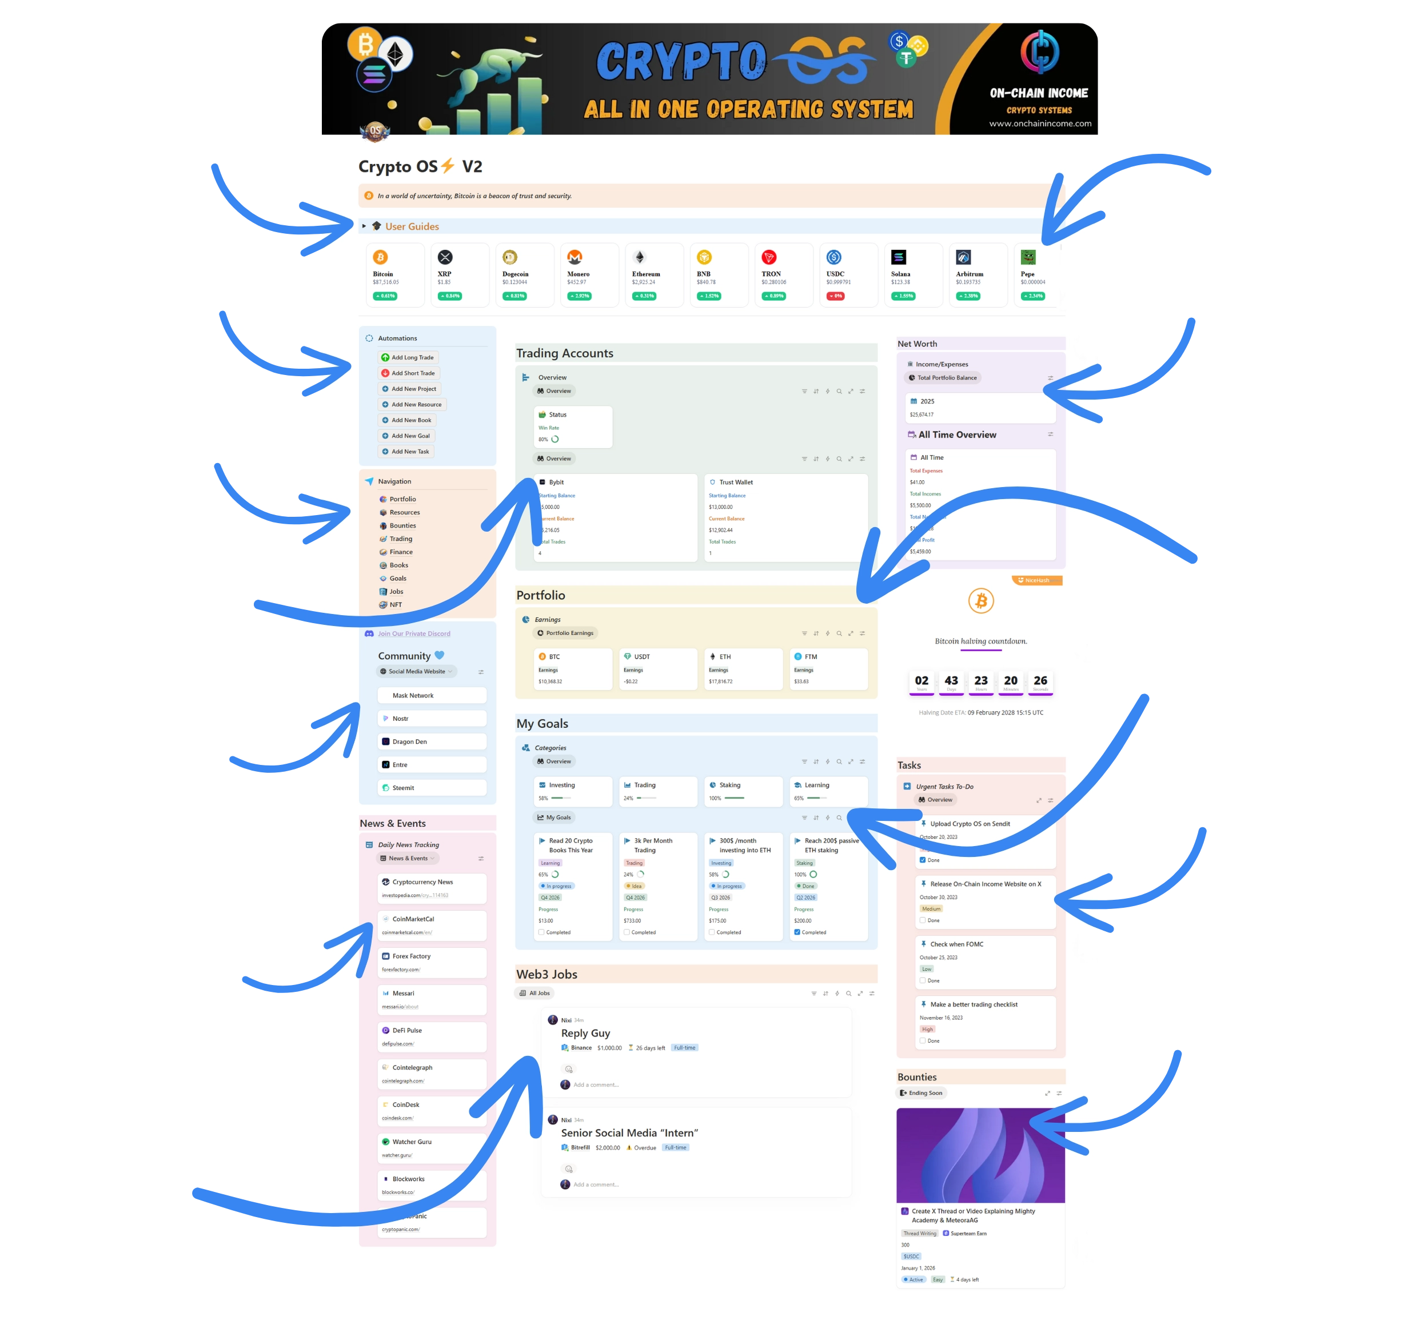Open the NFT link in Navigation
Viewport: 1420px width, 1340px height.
pyautogui.click(x=395, y=605)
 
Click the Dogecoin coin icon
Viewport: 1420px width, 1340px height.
pyautogui.click(x=510, y=257)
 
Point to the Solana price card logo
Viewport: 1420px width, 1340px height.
pyautogui.click(x=899, y=257)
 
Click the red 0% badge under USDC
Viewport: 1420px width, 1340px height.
pyautogui.click(x=835, y=296)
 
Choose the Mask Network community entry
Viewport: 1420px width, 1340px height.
pyautogui.click(x=413, y=696)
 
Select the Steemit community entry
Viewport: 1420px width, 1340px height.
pyautogui.click(x=403, y=788)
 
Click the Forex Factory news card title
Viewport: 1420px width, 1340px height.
pyautogui.click(x=412, y=956)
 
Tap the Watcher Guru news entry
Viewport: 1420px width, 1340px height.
pyautogui.click(x=412, y=1142)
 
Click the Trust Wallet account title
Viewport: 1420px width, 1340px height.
pyautogui.click(x=736, y=482)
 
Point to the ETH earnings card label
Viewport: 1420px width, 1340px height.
pyautogui.click(x=725, y=656)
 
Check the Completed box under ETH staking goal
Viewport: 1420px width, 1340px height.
pyautogui.click(x=797, y=932)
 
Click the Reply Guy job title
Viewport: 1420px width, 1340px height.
pyautogui.click(x=586, y=1034)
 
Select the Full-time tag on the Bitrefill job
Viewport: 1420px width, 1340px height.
pyautogui.click(x=675, y=1148)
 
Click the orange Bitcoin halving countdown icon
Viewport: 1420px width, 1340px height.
pyautogui.click(x=981, y=601)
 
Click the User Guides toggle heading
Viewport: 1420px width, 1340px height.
pyautogui.click(x=412, y=226)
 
